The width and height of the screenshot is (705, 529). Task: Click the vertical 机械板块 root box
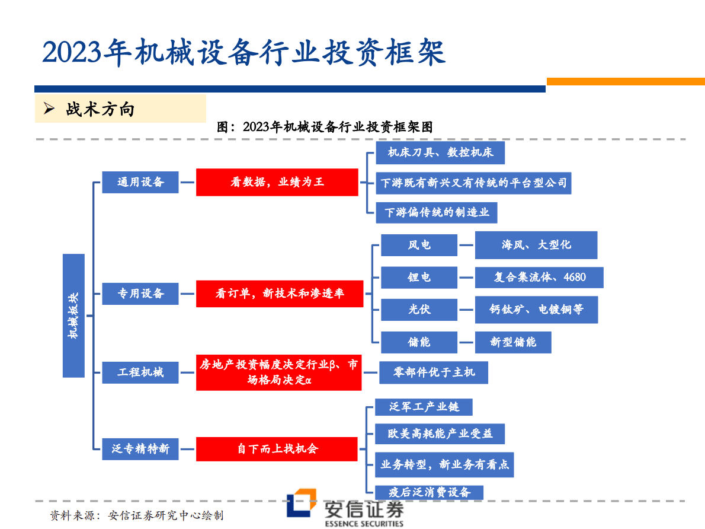73,316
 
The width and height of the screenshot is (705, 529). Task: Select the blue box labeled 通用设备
140,182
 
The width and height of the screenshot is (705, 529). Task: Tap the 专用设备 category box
140,294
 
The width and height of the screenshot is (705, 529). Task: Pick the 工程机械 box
140,373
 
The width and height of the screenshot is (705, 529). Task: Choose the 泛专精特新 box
140,449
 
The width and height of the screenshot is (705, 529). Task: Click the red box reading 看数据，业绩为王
277,182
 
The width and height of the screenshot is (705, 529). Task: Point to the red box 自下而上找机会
277,449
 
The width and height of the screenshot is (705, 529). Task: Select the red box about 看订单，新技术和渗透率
280,294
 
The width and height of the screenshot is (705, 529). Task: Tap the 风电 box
419,246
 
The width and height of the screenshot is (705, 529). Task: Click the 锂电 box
419,278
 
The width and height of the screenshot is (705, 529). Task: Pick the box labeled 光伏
419,310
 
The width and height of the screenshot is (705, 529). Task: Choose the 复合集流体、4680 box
539,278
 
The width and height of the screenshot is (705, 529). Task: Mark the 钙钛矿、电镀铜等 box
536,310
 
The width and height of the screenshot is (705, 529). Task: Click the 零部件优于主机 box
434,373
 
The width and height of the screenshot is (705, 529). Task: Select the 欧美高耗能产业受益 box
440,434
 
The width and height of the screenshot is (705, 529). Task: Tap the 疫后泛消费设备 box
430,493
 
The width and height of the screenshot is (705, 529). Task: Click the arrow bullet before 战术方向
49,109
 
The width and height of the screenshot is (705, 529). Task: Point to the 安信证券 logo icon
301,503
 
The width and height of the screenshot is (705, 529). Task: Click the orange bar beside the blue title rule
626,81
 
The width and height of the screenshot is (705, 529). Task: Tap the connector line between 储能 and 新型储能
466,343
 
